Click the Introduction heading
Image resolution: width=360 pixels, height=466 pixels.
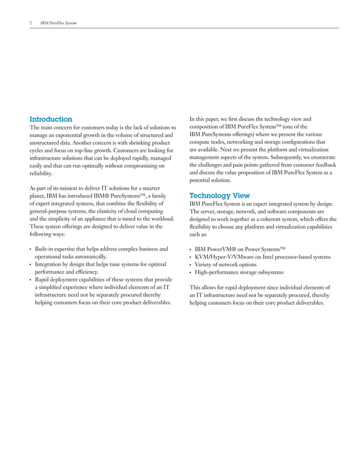[x=51, y=120]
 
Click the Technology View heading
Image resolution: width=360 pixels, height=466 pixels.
[x=219, y=196]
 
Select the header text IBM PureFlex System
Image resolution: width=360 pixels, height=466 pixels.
[x=58, y=23]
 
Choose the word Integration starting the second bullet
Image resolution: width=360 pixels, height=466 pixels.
[x=50, y=264]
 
